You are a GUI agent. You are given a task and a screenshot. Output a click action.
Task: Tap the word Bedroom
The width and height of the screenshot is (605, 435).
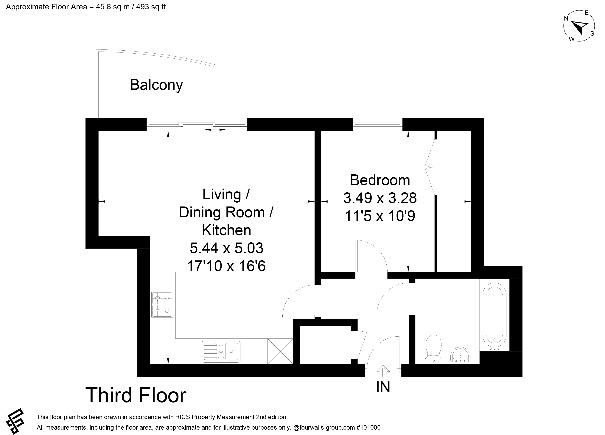(380, 180)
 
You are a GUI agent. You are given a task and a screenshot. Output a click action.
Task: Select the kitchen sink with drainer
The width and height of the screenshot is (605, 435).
(221, 352)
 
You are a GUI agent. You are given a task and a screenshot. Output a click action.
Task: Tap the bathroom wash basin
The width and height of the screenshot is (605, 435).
(460, 356)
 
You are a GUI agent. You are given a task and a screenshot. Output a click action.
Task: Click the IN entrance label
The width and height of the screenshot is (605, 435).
(383, 387)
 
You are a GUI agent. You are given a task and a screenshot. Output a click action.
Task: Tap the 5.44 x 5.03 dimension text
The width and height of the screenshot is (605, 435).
(226, 248)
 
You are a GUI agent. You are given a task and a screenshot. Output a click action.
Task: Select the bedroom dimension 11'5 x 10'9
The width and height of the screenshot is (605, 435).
(380, 216)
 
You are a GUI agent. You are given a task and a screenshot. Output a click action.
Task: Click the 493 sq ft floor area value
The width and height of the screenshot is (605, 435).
(151, 7)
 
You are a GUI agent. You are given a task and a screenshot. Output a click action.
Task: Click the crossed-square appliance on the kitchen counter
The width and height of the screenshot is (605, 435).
(280, 351)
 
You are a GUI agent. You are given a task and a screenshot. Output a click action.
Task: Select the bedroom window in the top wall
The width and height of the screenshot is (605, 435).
(378, 124)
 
